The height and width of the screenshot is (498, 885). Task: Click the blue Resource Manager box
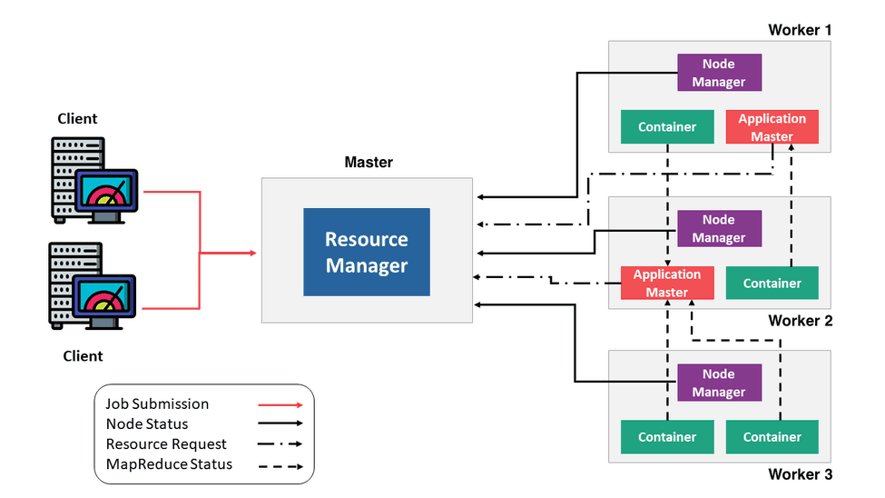(367, 252)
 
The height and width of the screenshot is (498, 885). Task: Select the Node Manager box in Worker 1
(718, 73)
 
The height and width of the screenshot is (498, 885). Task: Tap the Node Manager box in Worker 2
(718, 229)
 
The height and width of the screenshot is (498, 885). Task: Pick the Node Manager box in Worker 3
(718, 383)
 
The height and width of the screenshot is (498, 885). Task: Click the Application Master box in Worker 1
(772, 127)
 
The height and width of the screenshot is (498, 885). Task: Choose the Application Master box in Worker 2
(667, 283)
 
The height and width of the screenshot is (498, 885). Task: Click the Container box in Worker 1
(667, 127)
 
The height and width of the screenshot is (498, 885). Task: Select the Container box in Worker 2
(772, 283)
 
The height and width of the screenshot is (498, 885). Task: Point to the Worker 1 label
(800, 30)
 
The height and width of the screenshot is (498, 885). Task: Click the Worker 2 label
(800, 321)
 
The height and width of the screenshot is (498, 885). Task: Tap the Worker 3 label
(800, 474)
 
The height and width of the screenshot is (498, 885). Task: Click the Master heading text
(369, 163)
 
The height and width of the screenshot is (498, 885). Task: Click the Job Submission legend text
(157, 403)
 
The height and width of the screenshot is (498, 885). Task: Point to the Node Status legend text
(147, 423)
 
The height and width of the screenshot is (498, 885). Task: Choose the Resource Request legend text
(166, 444)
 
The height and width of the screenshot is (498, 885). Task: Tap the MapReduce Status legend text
(169, 464)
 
